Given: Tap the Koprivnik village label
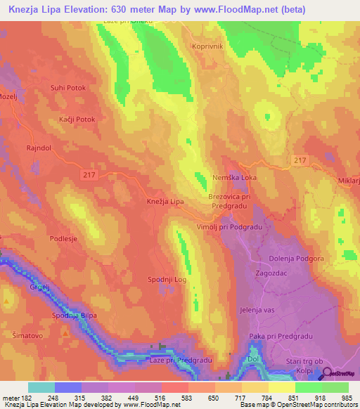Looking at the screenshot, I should click(x=207, y=46).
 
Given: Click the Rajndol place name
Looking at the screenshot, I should click(x=41, y=148).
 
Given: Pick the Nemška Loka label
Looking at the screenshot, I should click(x=235, y=178).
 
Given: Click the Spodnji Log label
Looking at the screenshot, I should click(x=167, y=280).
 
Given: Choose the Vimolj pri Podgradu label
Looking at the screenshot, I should click(x=229, y=226).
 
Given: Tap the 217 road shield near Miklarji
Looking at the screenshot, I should click(x=301, y=162).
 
